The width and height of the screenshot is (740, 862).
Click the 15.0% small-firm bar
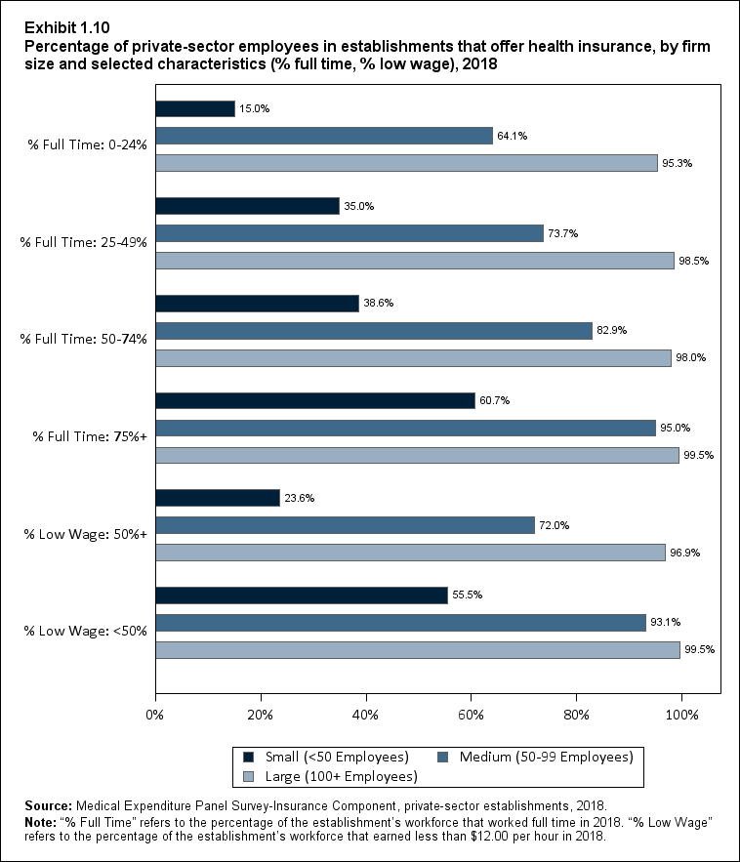click(x=195, y=108)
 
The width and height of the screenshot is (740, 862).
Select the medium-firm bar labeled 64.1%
click(x=324, y=136)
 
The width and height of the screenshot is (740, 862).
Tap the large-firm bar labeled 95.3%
click(x=406, y=163)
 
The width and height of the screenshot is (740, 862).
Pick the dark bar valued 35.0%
click(x=248, y=206)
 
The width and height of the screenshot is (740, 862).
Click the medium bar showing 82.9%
click(x=374, y=331)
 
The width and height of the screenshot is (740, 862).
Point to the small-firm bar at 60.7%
click(x=315, y=400)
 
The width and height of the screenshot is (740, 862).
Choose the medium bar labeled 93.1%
click(x=400, y=623)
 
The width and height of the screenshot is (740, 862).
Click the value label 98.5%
click(x=693, y=261)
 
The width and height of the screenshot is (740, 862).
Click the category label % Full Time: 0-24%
click(x=88, y=144)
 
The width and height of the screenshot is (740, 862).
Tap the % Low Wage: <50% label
click(x=88, y=631)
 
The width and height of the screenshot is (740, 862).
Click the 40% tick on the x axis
click(x=366, y=715)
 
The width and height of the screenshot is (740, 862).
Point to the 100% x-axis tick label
click(x=681, y=715)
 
